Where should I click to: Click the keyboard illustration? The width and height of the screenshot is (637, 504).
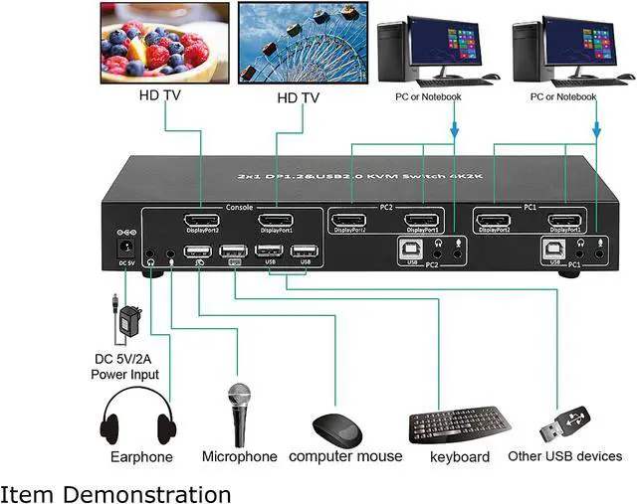[458, 426]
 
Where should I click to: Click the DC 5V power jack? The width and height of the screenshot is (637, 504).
[126, 247]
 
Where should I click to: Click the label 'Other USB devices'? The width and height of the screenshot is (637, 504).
[564, 456]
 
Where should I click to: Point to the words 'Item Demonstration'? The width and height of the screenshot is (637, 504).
[115, 493]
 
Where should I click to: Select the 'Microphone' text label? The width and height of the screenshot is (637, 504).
[239, 456]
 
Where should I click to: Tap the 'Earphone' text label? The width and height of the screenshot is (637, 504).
[141, 457]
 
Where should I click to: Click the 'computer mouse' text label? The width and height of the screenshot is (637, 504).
[345, 456]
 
